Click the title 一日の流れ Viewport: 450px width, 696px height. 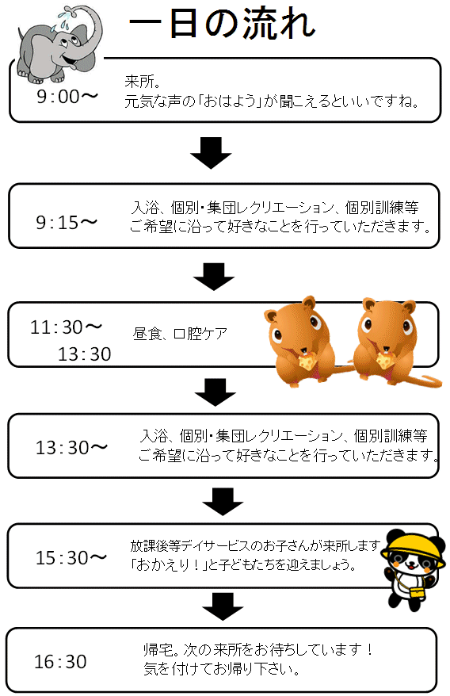pos(223,24)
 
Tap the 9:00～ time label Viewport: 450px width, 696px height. pos(67,97)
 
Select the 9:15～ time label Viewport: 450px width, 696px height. pos(67,223)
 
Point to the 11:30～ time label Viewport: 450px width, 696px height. pos(66,327)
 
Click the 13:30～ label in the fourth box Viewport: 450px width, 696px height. pos(71,447)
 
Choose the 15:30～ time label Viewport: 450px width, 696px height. pos(71,557)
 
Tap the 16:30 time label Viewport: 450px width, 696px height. pos(60,662)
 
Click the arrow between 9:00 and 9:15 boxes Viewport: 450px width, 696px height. pos(212,153)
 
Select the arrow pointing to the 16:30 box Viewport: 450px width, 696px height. pos(223,606)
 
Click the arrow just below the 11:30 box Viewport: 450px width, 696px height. pos(215,392)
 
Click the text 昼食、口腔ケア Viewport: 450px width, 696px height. pos(180,334)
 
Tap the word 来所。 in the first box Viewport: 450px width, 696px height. pos(143,81)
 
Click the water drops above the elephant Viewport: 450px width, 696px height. pos(62,21)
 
